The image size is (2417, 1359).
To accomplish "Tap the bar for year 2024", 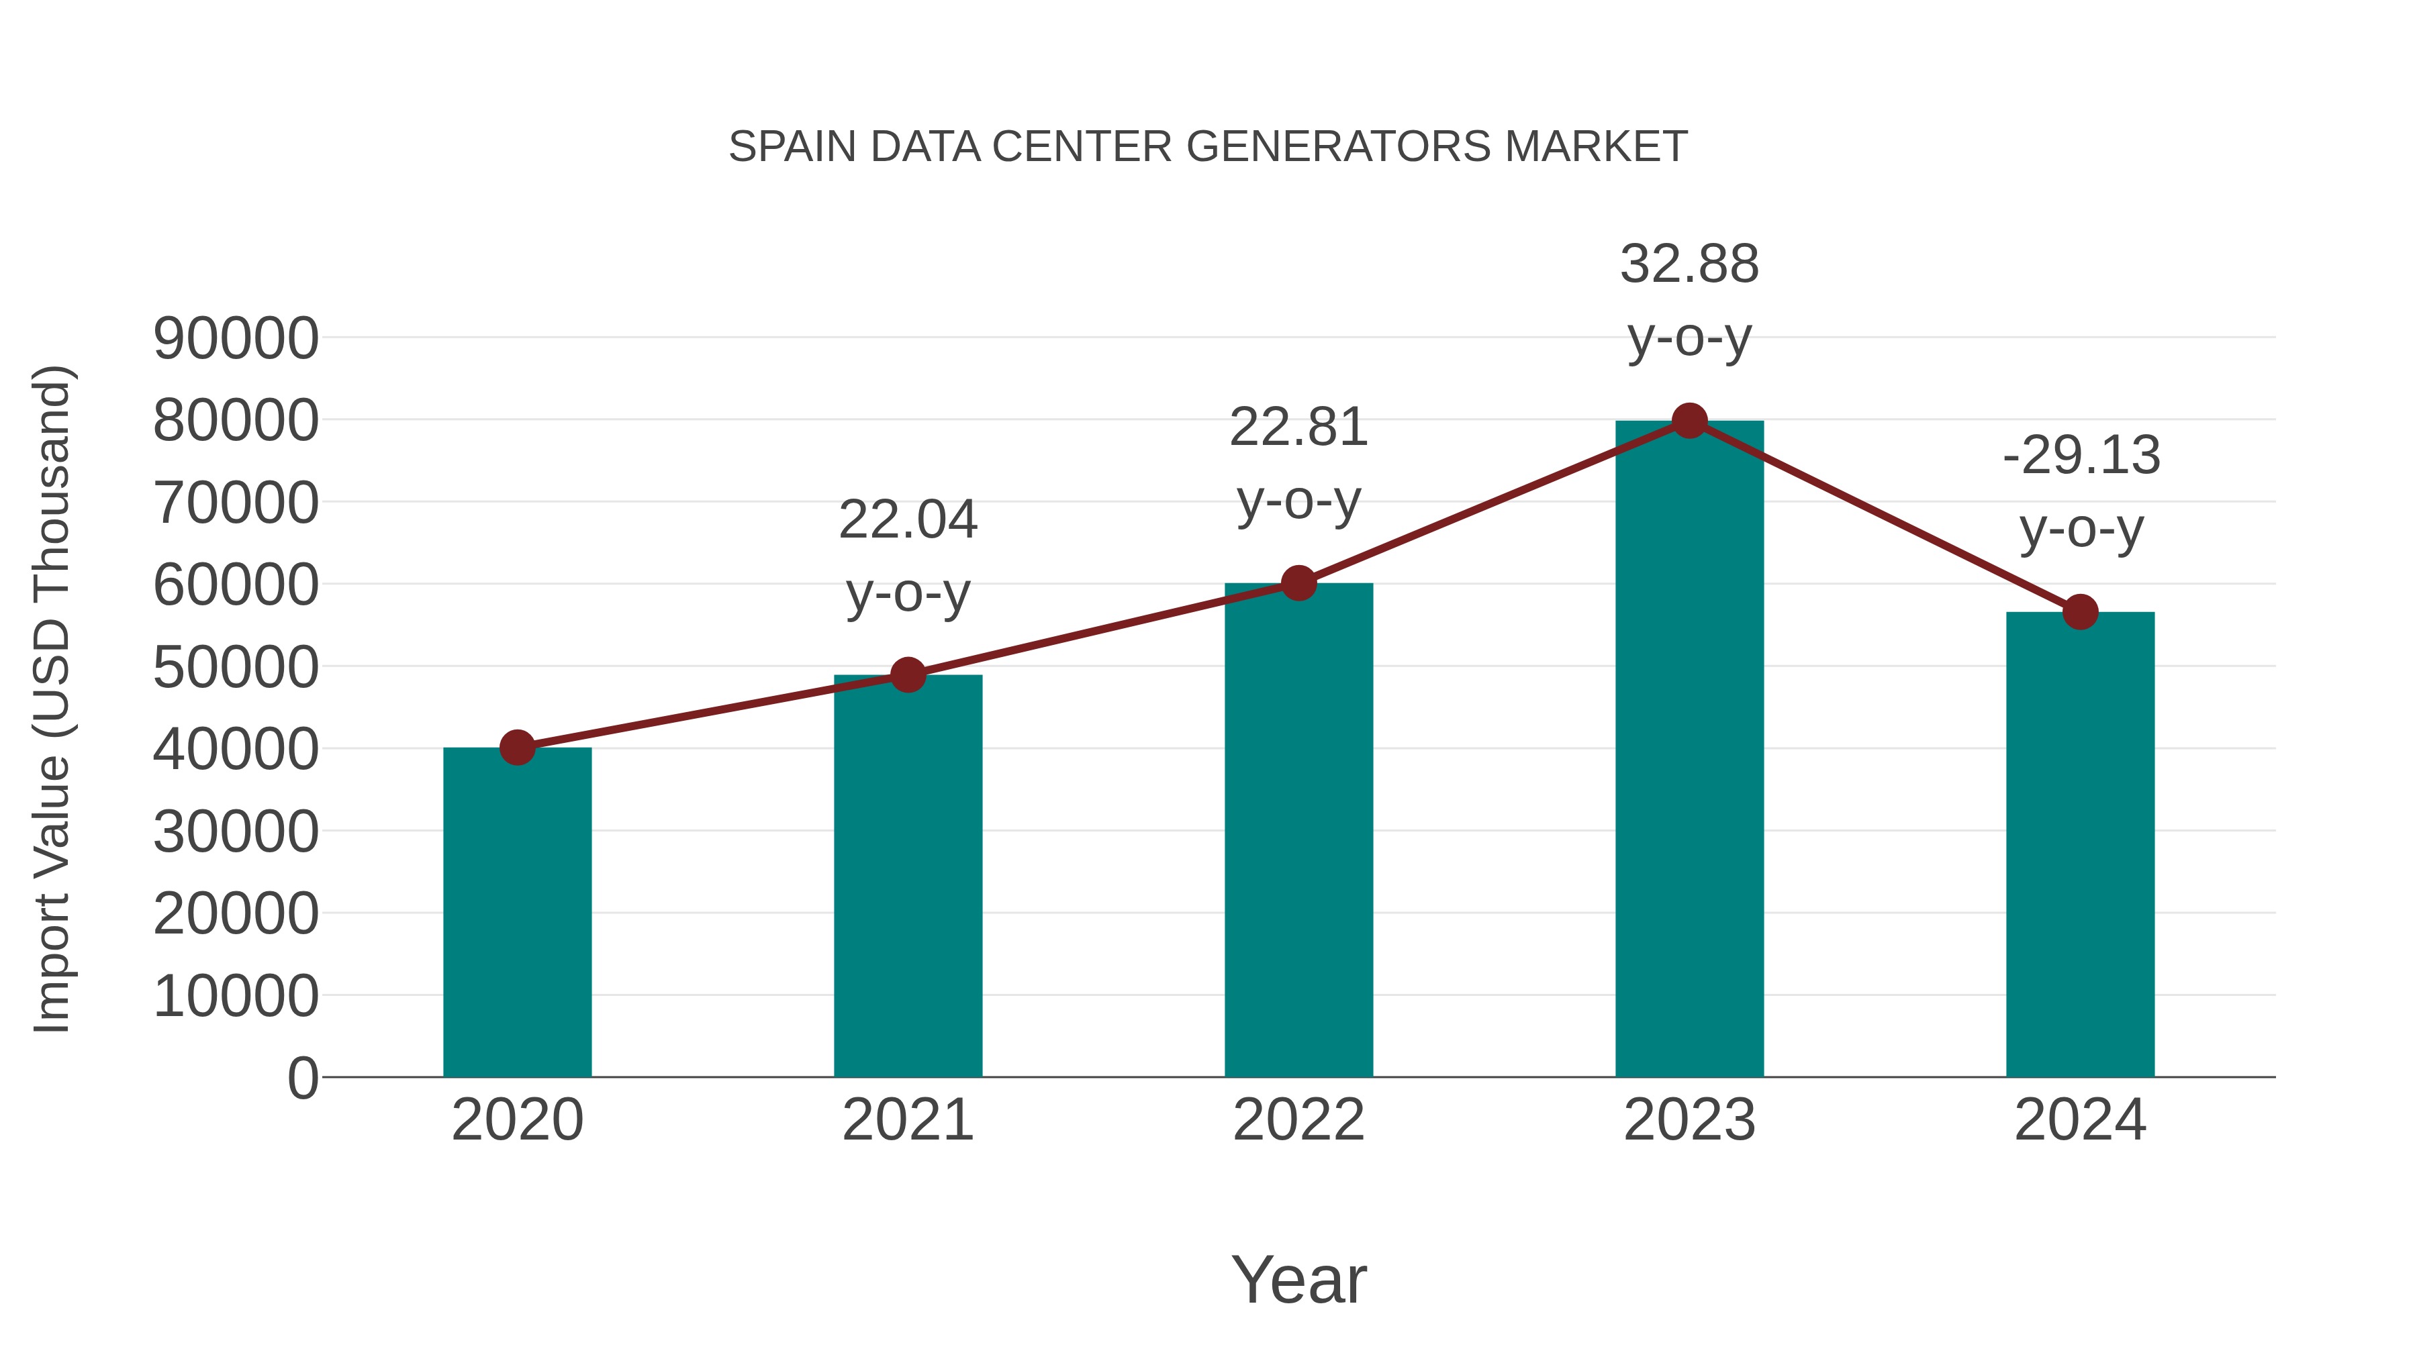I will pos(2079,844).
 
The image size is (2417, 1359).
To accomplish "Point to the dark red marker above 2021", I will pos(907,674).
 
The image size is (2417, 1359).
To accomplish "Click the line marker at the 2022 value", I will pos(1298,583).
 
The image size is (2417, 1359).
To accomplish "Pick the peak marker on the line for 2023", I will pos(1689,421).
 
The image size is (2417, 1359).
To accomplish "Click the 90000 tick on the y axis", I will pos(236,339).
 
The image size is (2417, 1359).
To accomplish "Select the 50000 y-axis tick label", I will pos(236,668).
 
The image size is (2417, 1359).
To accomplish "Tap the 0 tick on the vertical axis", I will pos(302,1078).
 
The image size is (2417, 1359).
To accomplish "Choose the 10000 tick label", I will pos(236,996).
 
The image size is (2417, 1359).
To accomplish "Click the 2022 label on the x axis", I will pos(1298,1120).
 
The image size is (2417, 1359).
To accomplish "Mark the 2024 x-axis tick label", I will pos(2079,1120).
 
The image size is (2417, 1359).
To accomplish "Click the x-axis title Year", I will pos(1298,1279).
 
